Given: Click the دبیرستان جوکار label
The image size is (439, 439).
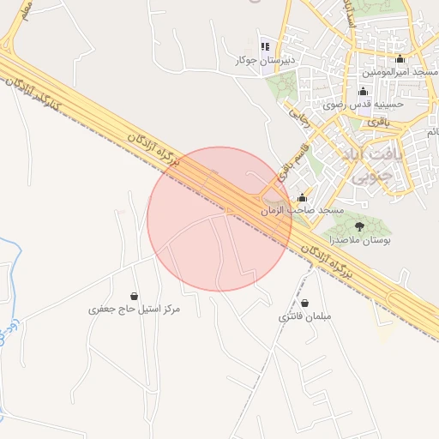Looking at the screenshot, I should pyautogui.click(x=267, y=61).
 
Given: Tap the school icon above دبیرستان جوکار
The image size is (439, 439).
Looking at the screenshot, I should pyautogui.click(x=265, y=45).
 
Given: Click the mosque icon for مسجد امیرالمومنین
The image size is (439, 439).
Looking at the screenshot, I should pyautogui.click(x=400, y=59).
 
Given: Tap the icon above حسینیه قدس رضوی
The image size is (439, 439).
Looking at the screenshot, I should pyautogui.click(x=363, y=92).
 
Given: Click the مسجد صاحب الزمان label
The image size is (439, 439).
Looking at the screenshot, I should pyautogui.click(x=302, y=211).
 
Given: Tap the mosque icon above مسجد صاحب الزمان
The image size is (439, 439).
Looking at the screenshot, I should pyautogui.click(x=301, y=198).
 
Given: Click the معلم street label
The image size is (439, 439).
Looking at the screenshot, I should pyautogui.click(x=25, y=13).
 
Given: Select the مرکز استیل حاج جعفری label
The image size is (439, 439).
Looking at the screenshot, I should pyautogui.click(x=135, y=309).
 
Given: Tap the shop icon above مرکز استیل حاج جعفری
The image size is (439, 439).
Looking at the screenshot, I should pyautogui.click(x=134, y=296).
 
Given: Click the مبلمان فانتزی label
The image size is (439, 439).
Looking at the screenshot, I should pyautogui.click(x=305, y=316).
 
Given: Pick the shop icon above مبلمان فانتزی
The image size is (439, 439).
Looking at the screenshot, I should pyautogui.click(x=305, y=303).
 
